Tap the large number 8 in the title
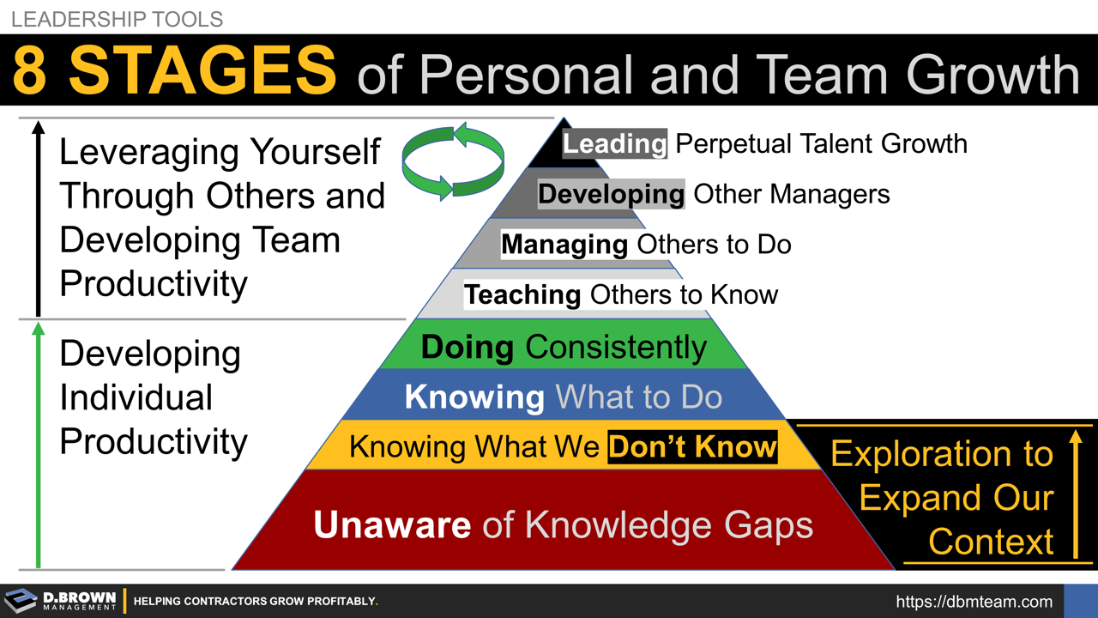29,71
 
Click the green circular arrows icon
453,162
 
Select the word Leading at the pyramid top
614,143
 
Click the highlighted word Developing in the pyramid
611,194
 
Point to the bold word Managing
564,245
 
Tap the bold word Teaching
522,294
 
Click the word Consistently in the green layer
616,347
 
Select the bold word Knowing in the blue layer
474,397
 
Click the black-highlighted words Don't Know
692,446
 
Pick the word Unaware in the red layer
392,524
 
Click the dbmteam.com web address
974,602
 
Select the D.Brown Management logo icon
21,601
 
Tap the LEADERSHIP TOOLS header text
117,18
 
